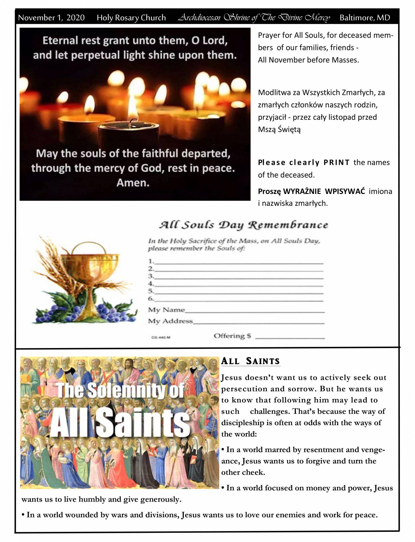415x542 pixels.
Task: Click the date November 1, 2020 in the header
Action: pyautogui.click(x=51, y=18)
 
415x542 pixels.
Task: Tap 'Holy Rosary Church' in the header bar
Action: pyautogui.click(x=131, y=18)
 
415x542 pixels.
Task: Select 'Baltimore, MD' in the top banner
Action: pyautogui.click(x=364, y=18)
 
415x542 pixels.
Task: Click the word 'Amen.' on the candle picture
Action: pyautogui.click(x=133, y=183)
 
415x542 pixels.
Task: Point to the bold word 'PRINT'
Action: pyautogui.click(x=336, y=163)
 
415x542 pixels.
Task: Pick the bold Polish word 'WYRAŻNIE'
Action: pyautogui.click(x=302, y=191)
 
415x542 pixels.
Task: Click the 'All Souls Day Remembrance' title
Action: pyautogui.click(x=243, y=225)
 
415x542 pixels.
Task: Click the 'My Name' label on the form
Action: pyautogui.click(x=166, y=310)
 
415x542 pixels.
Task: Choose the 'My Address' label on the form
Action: pyautogui.click(x=170, y=321)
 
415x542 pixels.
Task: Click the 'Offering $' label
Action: pyautogui.click(x=232, y=336)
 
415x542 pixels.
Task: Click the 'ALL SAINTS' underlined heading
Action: pyautogui.click(x=250, y=361)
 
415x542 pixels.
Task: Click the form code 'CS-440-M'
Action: pyautogui.click(x=161, y=337)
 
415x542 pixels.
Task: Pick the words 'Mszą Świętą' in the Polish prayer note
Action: pyautogui.click(x=279, y=130)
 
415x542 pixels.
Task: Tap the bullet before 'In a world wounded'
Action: pyautogui.click(x=23, y=515)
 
